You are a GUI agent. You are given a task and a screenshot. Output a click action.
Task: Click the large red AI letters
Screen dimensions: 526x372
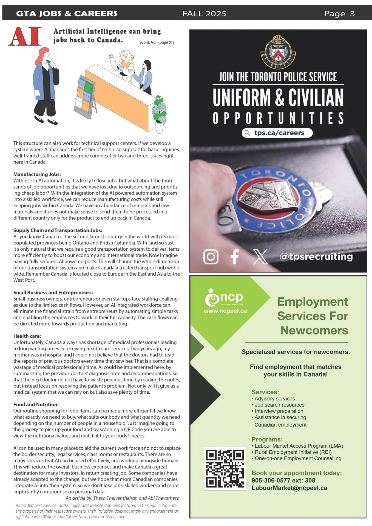click(x=24, y=36)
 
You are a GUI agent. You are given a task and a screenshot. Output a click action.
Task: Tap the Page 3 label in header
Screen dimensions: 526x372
click(x=339, y=13)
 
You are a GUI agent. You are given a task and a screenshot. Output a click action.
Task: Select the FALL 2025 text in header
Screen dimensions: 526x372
click(x=205, y=13)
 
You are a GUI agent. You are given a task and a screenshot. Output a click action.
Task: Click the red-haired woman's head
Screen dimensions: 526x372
click(x=44, y=53)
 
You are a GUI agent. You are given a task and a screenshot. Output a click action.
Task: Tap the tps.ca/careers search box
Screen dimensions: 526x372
click(x=277, y=133)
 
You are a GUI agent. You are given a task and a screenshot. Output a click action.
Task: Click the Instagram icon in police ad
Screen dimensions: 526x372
click(x=211, y=257)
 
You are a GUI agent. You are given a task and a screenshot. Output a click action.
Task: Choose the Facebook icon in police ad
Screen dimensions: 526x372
click(x=234, y=257)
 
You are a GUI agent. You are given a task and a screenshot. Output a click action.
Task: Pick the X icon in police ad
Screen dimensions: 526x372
click(x=260, y=257)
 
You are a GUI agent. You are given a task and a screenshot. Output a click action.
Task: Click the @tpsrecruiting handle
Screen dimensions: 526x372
click(x=316, y=256)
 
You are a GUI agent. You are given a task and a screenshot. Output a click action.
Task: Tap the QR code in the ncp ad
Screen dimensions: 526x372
click(x=225, y=468)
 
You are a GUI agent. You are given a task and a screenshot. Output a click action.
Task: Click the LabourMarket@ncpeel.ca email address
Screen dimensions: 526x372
click(x=289, y=488)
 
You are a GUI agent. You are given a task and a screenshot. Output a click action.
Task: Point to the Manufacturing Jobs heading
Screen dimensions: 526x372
click(x=37, y=174)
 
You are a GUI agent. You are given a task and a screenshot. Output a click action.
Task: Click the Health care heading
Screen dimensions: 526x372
click(x=27, y=336)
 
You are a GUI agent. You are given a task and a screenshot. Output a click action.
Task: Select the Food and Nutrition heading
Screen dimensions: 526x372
click(x=36, y=404)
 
